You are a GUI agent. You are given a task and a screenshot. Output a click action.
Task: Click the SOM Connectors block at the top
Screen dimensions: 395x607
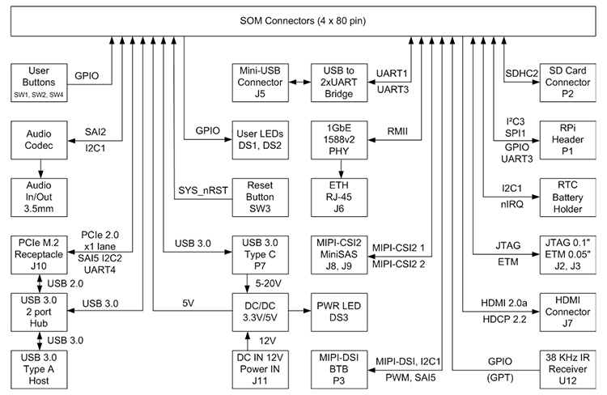pyautogui.click(x=303, y=20)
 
